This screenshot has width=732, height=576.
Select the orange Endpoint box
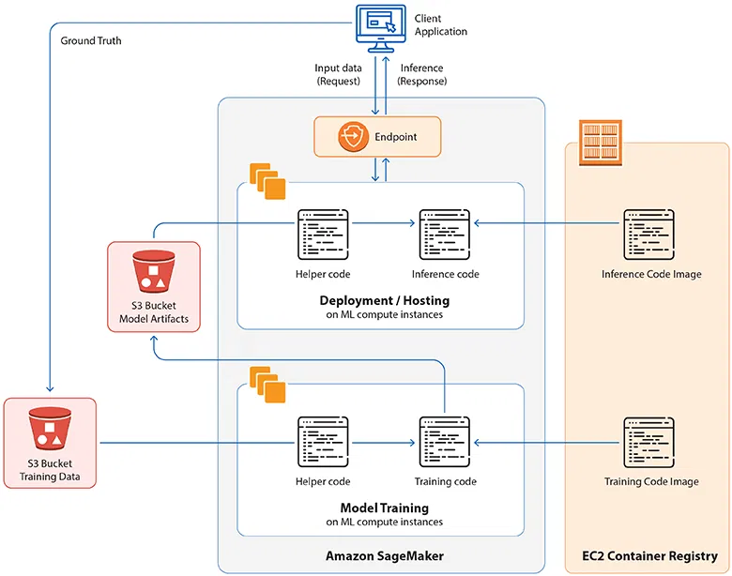[376, 137]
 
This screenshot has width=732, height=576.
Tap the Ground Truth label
[91, 41]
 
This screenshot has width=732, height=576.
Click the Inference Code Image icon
[648, 235]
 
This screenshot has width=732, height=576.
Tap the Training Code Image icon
[648, 442]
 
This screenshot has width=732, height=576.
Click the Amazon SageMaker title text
[384, 556]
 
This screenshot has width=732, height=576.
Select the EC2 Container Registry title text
[650, 556]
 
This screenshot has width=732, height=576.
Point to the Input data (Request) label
[337, 75]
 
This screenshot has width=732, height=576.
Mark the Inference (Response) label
[422, 75]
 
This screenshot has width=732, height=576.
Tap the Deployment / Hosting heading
[384, 300]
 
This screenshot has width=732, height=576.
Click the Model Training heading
[384, 508]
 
